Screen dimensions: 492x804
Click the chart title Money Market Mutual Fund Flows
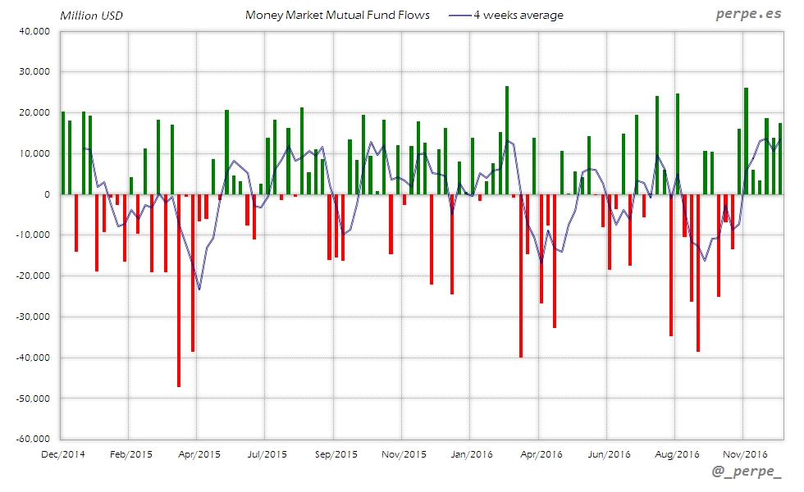coord(337,16)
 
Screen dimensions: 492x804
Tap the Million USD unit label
coord(91,16)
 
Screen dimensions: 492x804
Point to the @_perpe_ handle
coord(747,471)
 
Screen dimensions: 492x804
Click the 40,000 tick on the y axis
coord(34,31)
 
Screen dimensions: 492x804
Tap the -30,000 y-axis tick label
coord(33,317)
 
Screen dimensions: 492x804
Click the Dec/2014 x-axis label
coord(62,453)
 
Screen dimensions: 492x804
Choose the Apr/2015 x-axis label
coord(198,453)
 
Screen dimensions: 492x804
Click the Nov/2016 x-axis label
coord(743,453)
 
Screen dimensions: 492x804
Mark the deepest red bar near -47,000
coord(179,290)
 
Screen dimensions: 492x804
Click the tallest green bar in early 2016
coord(507,140)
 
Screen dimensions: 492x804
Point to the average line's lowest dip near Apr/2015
coord(199,289)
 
